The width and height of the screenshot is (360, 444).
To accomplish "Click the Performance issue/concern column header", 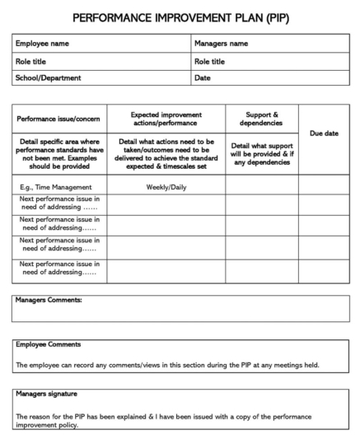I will (x=59, y=118).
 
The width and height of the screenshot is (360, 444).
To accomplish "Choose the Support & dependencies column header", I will (x=262, y=118).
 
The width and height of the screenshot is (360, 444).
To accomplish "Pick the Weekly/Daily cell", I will (x=166, y=187).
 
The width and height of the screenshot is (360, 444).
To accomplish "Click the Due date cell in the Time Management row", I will (x=323, y=187).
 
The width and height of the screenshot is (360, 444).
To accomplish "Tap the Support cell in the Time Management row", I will (x=262, y=187).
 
